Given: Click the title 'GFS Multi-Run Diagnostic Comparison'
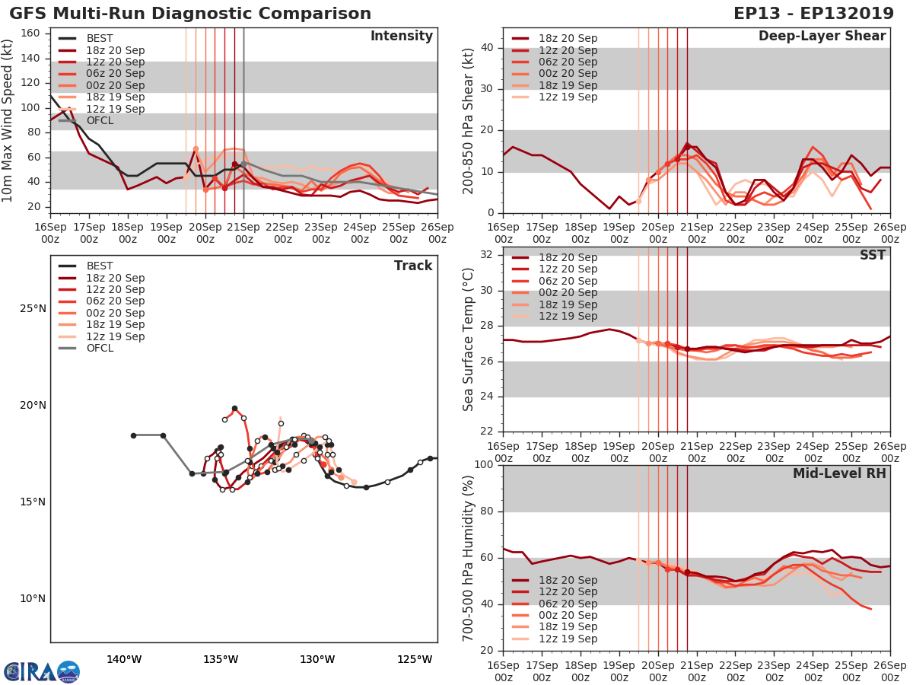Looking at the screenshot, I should coord(190,14).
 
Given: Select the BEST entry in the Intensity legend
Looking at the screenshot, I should coord(100,39).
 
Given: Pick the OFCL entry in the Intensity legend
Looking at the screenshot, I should coord(100,121).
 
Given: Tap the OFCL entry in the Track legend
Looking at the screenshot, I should coord(100,348).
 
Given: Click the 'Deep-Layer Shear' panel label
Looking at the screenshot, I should coord(822,37).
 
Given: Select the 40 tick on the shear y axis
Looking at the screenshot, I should coord(487,48).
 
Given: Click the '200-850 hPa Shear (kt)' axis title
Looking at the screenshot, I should coord(469,120).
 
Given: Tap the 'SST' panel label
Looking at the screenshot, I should coord(873,255).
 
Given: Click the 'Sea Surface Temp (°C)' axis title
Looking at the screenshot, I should coord(469,339).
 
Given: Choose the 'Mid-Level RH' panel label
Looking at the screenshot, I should coord(839,473).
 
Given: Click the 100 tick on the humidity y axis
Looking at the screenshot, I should coord(483,465).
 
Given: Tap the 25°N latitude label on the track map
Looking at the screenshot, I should coord(32,308).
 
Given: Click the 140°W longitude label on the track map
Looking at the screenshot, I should coord(124,659).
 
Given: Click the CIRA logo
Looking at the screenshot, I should coord(41,671).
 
